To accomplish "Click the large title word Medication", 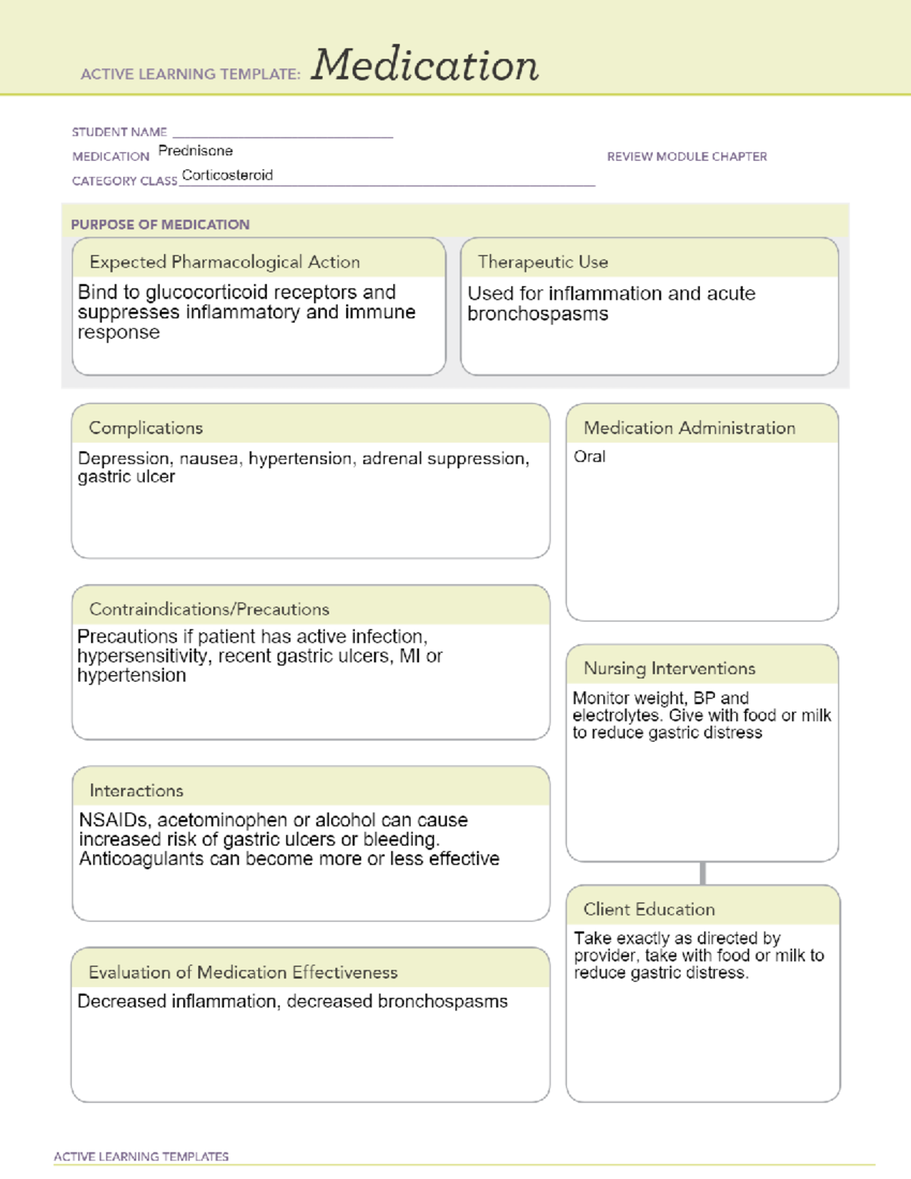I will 424,65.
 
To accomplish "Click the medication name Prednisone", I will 195,151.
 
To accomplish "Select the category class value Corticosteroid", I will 227,175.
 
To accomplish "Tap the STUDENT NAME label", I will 119,132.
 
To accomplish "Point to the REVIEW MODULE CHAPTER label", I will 686,156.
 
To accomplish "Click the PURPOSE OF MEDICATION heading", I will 160,225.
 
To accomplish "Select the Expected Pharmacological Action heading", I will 225,262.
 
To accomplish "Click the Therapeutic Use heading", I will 543,262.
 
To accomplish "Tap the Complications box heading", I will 146,428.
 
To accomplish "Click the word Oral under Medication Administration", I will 589,457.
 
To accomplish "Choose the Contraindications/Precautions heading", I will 210,610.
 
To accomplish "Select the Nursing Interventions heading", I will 669,669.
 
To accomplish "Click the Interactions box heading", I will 137,791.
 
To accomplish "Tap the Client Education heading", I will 649,909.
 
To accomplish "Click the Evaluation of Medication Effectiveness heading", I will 243,973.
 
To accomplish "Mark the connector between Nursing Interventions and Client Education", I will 703,873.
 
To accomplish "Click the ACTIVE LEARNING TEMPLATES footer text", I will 141,1156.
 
